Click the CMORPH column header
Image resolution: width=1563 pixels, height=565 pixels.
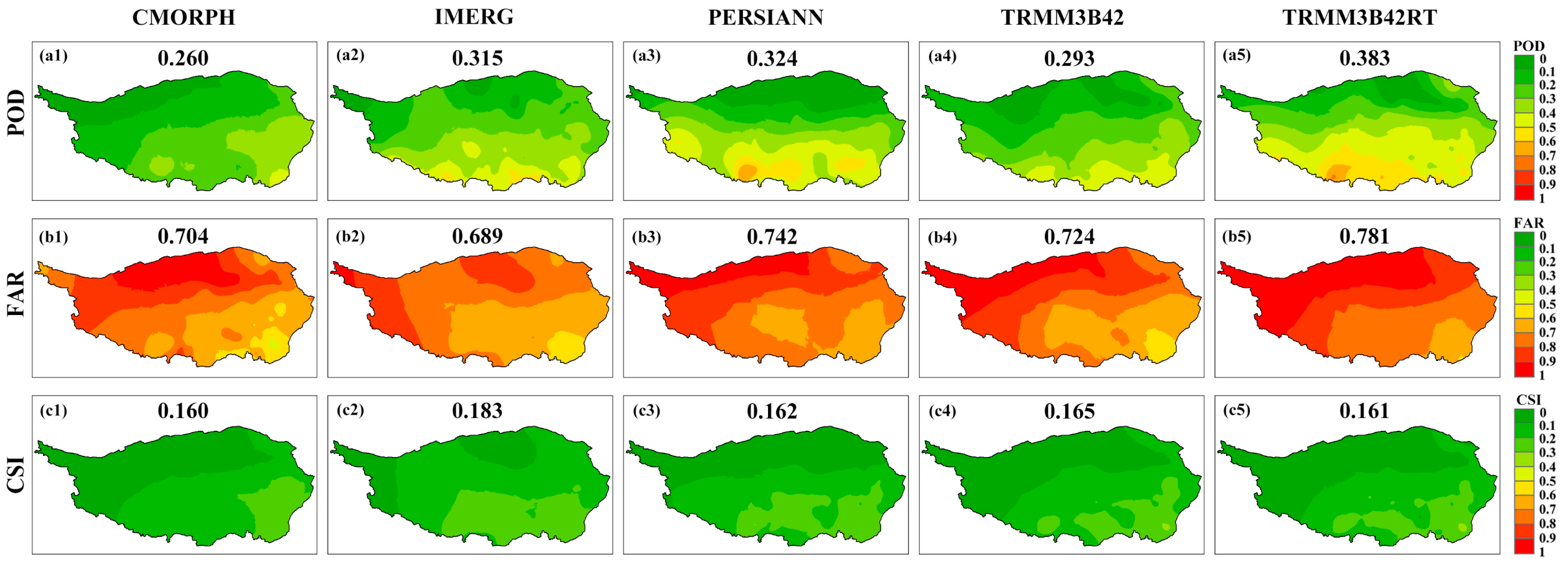click(184, 18)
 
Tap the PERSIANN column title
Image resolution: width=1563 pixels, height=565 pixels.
click(766, 18)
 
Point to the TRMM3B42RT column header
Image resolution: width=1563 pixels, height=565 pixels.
click(1359, 18)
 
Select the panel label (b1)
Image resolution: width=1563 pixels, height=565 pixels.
click(53, 236)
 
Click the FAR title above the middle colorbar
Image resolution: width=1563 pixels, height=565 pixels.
click(1529, 223)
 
